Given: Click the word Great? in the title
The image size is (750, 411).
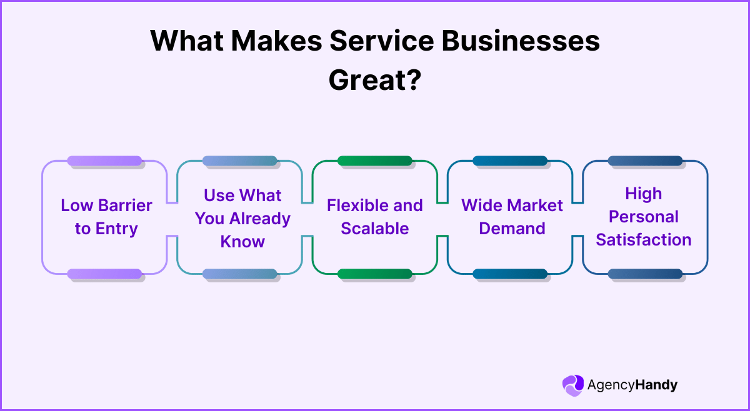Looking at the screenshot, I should [374, 80].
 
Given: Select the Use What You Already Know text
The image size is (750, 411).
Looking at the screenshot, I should [242, 218].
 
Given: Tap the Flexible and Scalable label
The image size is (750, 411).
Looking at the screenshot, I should [375, 217].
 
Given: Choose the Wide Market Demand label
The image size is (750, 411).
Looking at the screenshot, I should [512, 217].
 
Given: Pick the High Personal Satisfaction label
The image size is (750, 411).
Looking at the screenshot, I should [644, 217].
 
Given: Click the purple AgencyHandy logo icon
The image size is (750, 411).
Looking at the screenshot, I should [572, 385].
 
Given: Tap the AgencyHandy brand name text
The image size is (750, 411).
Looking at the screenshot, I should [632, 385].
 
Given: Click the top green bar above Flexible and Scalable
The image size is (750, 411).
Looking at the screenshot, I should [375, 161].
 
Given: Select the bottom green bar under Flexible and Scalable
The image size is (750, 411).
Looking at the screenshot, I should [375, 274].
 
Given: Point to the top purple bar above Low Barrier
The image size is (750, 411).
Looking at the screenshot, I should [104, 161].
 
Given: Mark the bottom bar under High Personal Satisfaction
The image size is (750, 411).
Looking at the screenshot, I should [645, 274].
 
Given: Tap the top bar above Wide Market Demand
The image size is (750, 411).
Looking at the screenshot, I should [510, 161].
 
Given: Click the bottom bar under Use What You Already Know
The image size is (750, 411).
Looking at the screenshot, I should [239, 274].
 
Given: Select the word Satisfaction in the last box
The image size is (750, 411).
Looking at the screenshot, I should [644, 240].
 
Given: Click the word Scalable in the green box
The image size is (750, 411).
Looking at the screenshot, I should [375, 229].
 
